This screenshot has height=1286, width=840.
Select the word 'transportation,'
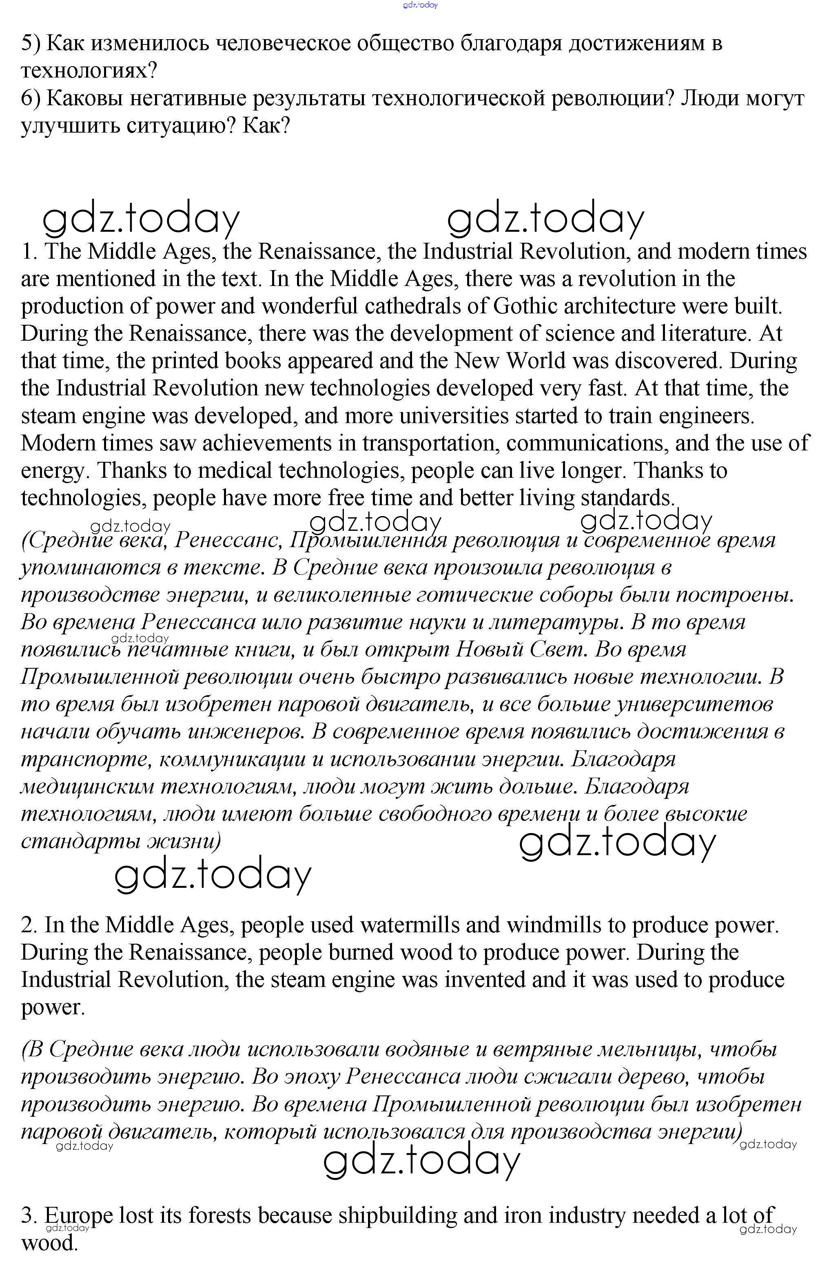tap(430, 443)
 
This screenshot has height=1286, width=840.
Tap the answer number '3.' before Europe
tap(29, 1215)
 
